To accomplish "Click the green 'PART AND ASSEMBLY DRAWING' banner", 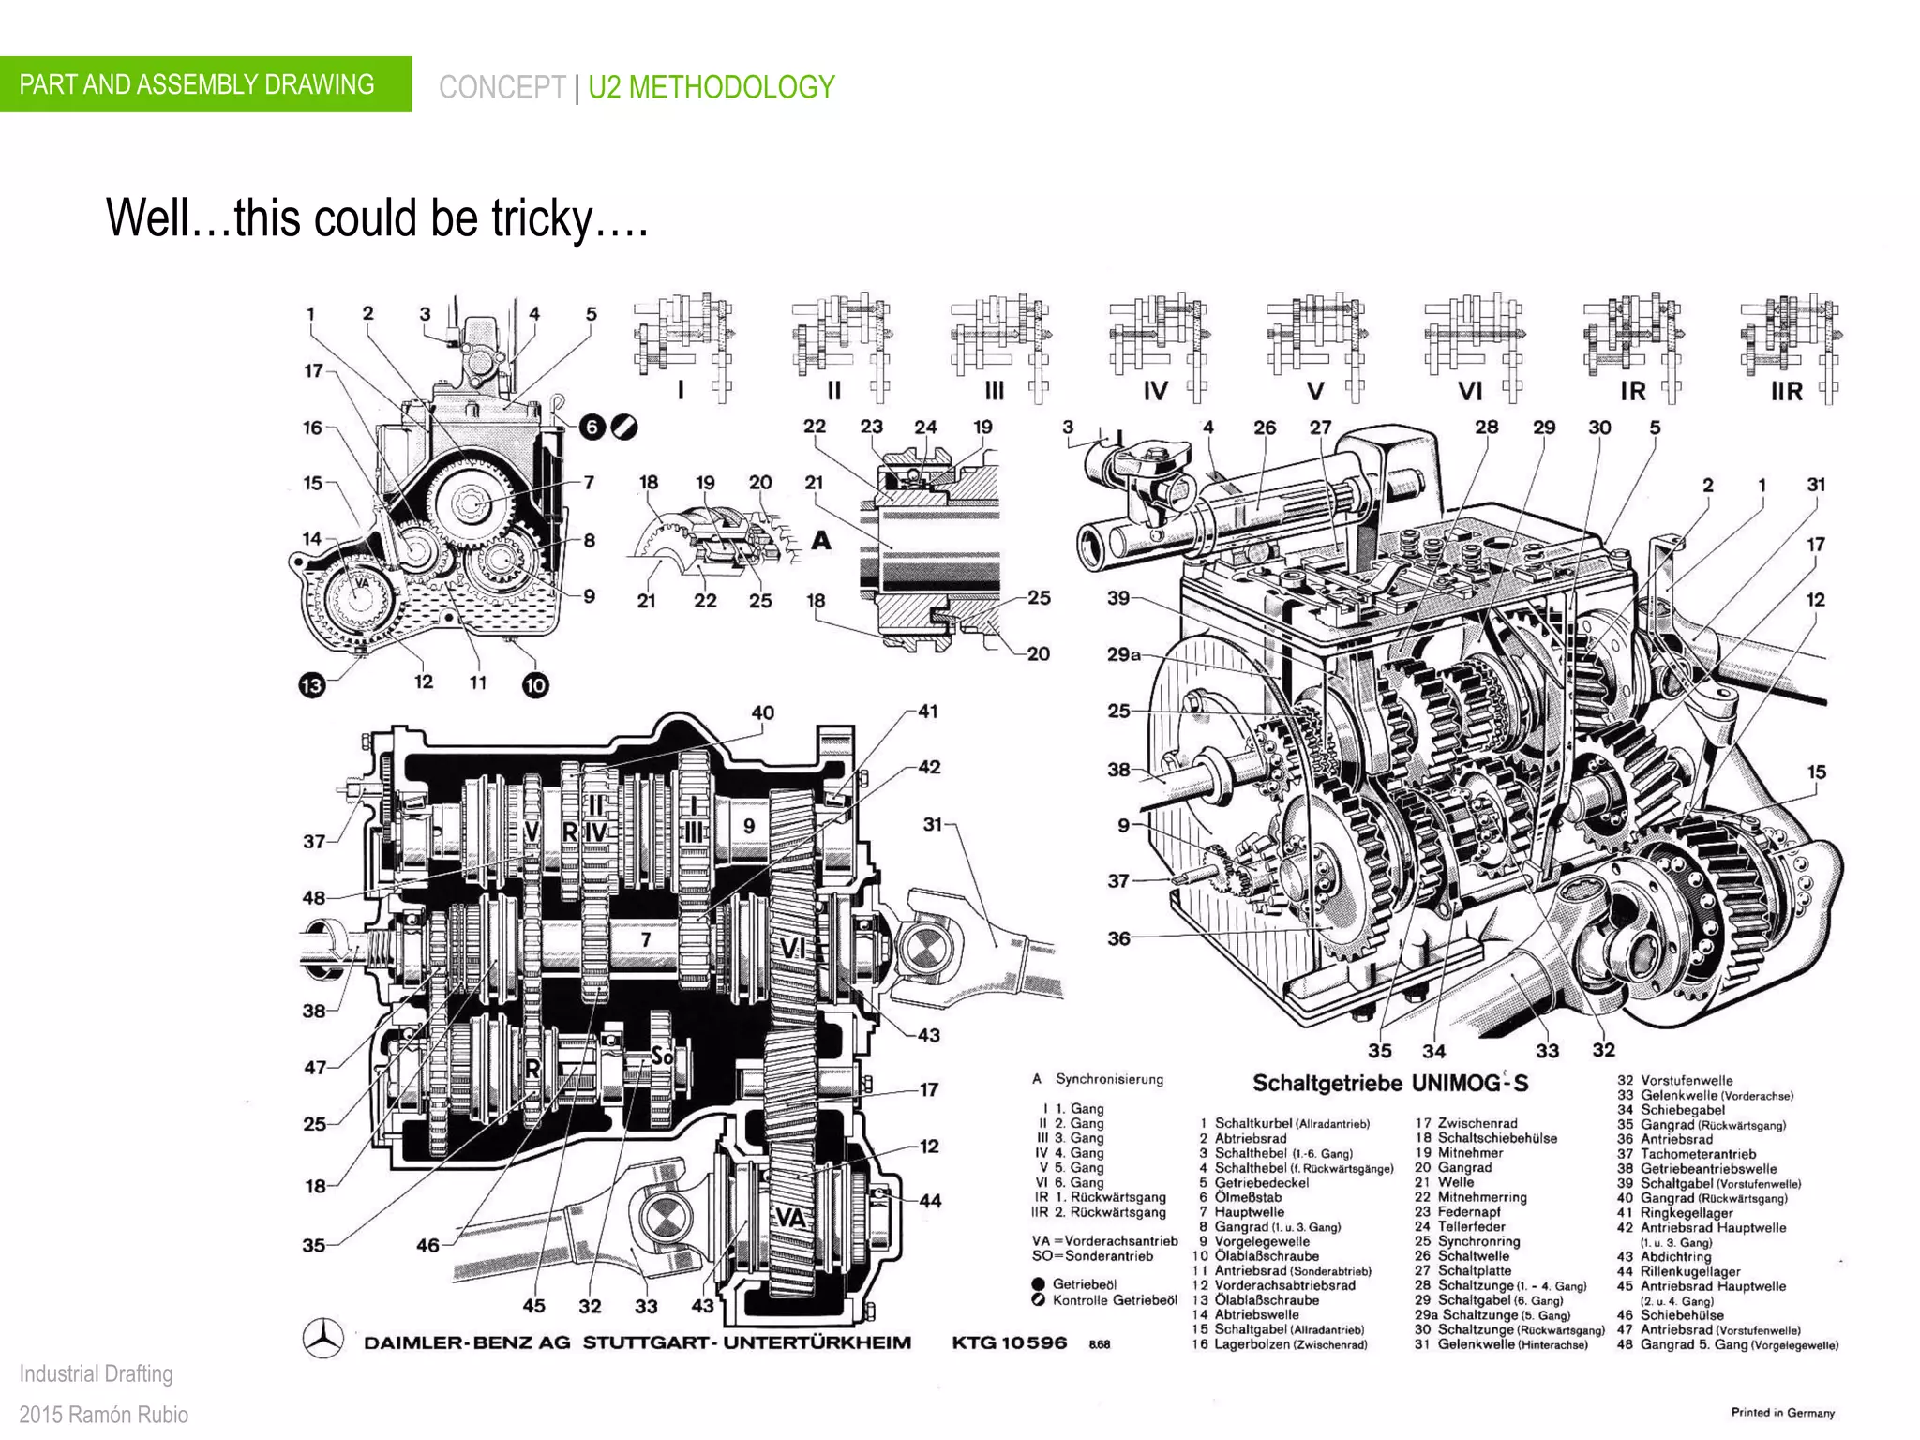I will [x=205, y=84].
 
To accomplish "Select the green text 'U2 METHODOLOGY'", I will [x=711, y=87].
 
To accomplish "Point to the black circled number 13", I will [x=311, y=685].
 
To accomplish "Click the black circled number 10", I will [x=534, y=685].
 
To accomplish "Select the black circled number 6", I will [x=592, y=427].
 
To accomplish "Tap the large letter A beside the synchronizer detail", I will [x=820, y=541].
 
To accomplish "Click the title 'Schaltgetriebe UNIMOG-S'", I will [x=1389, y=1084].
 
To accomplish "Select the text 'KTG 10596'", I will [x=1009, y=1342].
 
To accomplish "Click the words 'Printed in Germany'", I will [x=1782, y=1412].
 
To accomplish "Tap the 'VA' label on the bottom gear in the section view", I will [x=790, y=1218].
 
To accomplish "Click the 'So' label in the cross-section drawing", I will [x=662, y=1057].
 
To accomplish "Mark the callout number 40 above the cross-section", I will [x=762, y=712].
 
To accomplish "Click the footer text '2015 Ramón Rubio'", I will [x=103, y=1415].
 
